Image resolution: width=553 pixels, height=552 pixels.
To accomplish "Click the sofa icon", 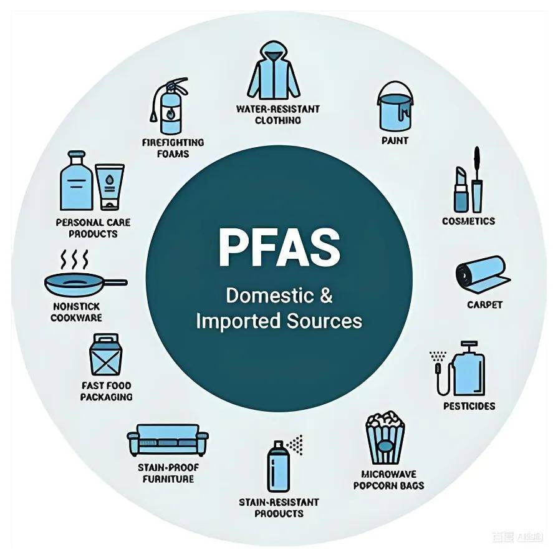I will [x=167, y=440].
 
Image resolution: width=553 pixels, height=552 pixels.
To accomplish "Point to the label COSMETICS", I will [x=468, y=221].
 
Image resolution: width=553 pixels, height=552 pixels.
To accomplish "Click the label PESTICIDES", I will [x=469, y=406].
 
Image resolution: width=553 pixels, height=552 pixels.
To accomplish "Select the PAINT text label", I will [x=395, y=140].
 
